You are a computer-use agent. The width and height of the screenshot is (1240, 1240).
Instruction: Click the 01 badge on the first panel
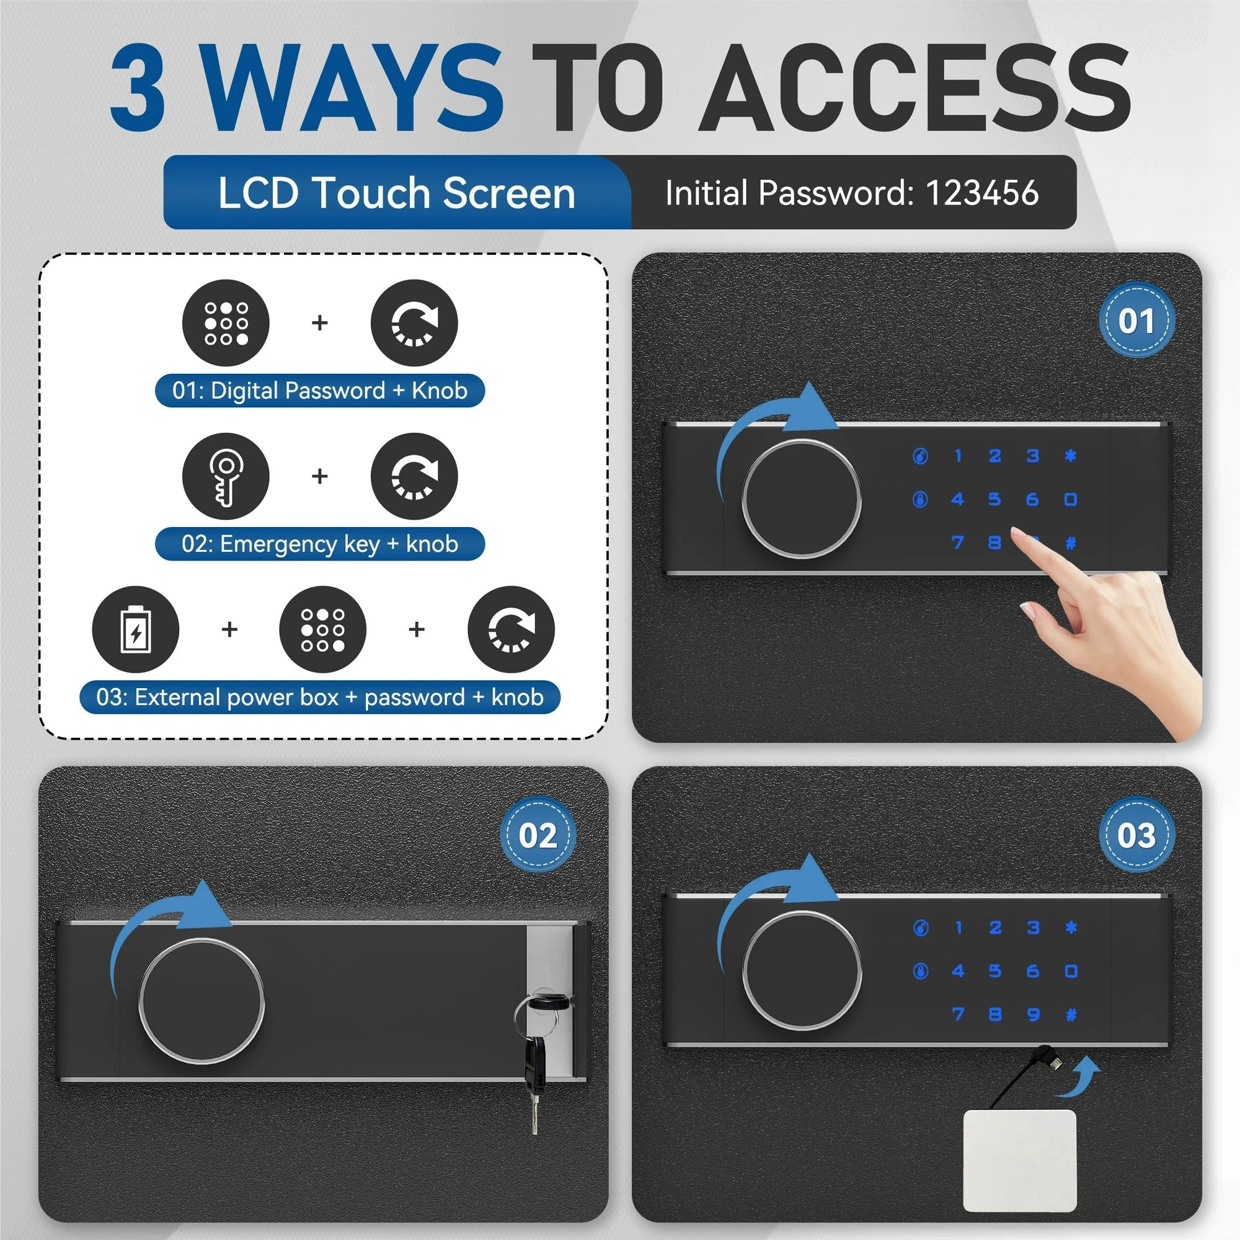tap(1136, 320)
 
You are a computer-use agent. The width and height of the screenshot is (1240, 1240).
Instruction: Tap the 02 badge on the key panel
tap(538, 835)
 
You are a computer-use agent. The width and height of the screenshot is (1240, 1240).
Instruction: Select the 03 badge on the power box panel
tap(1136, 835)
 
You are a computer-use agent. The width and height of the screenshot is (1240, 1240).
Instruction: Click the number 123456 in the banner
tap(982, 193)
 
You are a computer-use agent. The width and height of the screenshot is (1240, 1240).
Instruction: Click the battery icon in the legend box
tap(135, 629)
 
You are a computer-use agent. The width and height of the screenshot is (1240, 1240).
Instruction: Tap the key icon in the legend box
tap(226, 476)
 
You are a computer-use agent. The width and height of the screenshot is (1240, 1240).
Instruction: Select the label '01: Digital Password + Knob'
tap(320, 390)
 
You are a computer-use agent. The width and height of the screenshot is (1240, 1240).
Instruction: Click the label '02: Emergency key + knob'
tap(320, 544)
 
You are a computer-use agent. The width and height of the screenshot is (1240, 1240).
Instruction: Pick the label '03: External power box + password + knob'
tap(320, 697)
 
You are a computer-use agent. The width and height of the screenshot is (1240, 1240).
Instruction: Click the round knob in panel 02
tap(201, 1001)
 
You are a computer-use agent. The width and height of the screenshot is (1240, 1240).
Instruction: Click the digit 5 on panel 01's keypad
tap(994, 498)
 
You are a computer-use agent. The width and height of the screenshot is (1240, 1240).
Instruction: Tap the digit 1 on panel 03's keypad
tap(959, 928)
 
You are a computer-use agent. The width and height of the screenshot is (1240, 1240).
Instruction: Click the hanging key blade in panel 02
tap(534, 1110)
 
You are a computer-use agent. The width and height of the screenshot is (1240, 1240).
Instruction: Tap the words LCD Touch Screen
tap(396, 193)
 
